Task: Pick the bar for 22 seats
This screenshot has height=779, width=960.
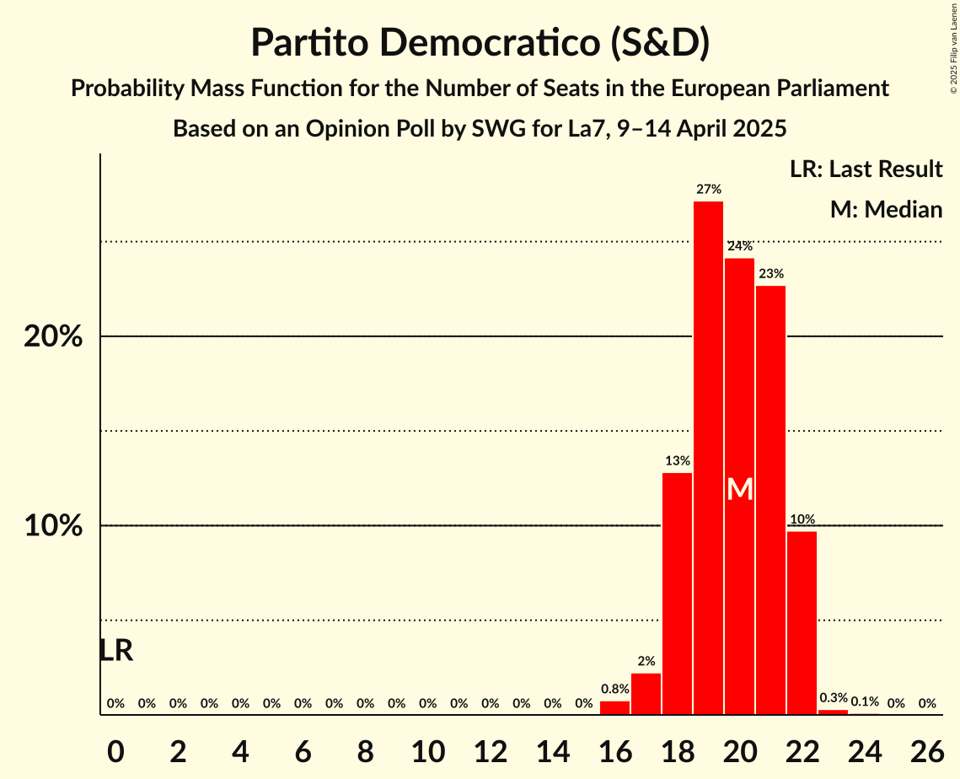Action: pos(802,623)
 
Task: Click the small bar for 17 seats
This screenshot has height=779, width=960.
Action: pos(646,694)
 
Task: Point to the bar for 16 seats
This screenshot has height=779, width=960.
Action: pos(614,708)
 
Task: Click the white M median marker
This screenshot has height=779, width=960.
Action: pos(739,489)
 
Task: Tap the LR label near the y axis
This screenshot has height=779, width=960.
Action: pos(115,651)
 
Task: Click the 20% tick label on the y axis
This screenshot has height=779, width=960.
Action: pos(52,337)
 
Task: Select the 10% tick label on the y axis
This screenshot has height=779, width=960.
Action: pos(52,526)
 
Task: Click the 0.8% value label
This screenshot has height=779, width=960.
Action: pos(614,689)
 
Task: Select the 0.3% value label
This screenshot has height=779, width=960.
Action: pos(833,698)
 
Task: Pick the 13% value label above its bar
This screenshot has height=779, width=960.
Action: pos(677,460)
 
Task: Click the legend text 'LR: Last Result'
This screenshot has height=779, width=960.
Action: pos(866,169)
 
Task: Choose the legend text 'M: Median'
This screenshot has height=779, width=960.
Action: pos(886,209)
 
